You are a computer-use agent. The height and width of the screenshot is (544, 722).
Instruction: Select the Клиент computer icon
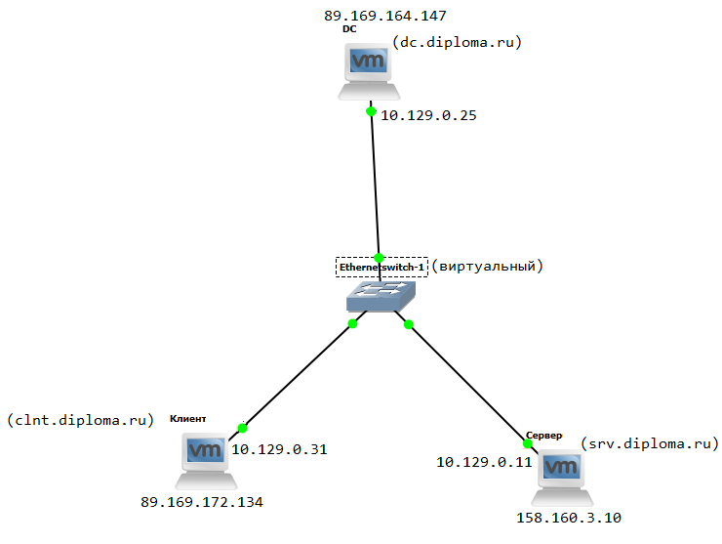pyautogui.click(x=206, y=459)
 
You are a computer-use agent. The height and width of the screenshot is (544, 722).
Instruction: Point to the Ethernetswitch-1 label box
pyautogui.click(x=381, y=267)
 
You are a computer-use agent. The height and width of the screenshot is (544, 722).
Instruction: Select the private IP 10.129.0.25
pyautogui.click(x=428, y=115)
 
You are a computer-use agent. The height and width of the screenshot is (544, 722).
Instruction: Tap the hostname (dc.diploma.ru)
pyautogui.click(x=458, y=42)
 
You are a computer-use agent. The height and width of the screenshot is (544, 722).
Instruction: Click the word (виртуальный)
pyautogui.click(x=487, y=266)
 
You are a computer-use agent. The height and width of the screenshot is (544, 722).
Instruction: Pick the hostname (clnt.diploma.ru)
pyautogui.click(x=81, y=421)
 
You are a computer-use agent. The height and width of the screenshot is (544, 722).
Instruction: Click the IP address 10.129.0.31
pyautogui.click(x=279, y=450)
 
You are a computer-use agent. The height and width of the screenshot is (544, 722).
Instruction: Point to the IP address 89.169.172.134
pyautogui.click(x=202, y=502)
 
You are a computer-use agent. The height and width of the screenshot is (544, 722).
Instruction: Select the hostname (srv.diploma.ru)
pyautogui.click(x=642, y=443)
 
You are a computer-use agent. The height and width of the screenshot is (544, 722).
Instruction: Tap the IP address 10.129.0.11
pyautogui.click(x=484, y=461)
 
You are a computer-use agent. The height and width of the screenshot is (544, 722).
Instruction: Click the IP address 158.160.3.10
pyautogui.click(x=569, y=518)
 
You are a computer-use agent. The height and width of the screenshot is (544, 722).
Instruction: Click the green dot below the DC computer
pyautogui.click(x=371, y=111)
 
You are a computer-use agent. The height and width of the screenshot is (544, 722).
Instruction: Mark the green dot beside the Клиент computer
pyautogui.click(x=243, y=428)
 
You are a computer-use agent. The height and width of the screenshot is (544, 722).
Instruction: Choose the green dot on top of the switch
pyautogui.click(x=379, y=257)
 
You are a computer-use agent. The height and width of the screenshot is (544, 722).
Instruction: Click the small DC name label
pyautogui.click(x=349, y=29)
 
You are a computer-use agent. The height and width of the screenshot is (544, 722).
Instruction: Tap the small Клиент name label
pyautogui.click(x=187, y=418)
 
